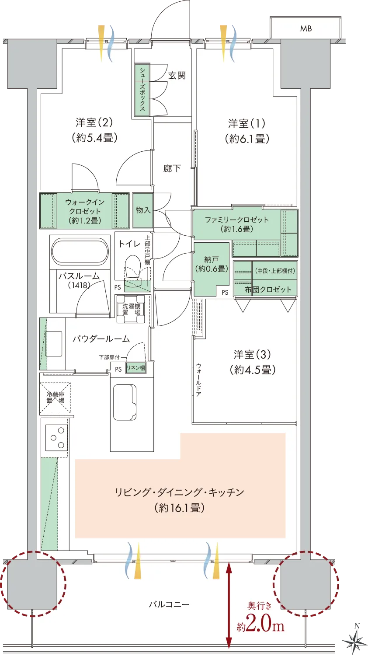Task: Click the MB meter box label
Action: [x=306, y=28]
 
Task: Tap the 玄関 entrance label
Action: [x=177, y=75]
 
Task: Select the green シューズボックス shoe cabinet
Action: [x=142, y=90]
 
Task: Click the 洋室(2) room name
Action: [x=94, y=122]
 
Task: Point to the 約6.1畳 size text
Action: [x=247, y=138]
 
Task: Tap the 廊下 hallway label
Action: [x=172, y=168]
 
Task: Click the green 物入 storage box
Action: [x=143, y=210]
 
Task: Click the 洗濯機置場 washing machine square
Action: [x=131, y=309]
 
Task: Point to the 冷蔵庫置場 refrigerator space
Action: [x=55, y=398]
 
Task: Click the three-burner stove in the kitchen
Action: [x=56, y=438]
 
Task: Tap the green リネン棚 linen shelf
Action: [x=135, y=368]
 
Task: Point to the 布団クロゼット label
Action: [x=268, y=290]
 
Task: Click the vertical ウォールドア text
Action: [x=198, y=380]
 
